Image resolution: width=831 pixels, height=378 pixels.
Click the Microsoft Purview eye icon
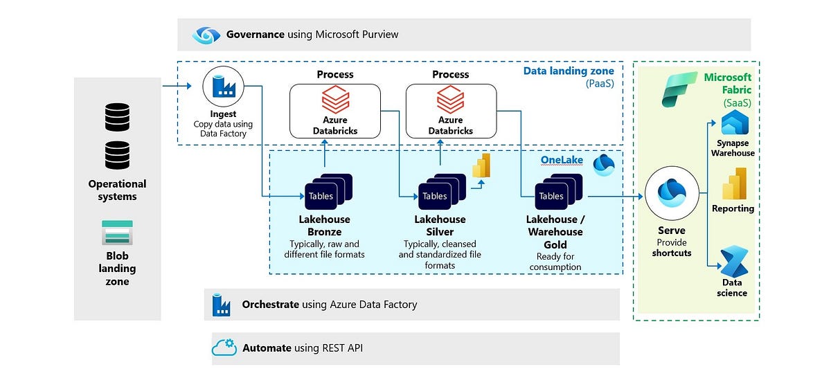pyautogui.click(x=206, y=35)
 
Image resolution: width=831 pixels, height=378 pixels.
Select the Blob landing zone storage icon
pyautogui.click(x=117, y=233)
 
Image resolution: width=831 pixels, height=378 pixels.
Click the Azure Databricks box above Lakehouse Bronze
pyautogui.click(x=335, y=110)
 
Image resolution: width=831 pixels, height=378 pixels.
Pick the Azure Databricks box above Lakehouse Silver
pyautogui.click(x=450, y=110)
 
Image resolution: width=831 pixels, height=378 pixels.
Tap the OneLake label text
pyautogui.click(x=562, y=161)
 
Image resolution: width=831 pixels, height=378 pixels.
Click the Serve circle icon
pyautogui.click(x=671, y=195)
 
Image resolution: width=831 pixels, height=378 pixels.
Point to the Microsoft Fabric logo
pyautogui.click(x=679, y=89)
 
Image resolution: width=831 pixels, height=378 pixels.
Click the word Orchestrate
pyautogui.click(x=271, y=305)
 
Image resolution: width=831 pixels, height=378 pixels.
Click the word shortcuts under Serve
pyautogui.click(x=671, y=253)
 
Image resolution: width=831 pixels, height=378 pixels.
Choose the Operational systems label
pyautogui.click(x=117, y=190)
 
